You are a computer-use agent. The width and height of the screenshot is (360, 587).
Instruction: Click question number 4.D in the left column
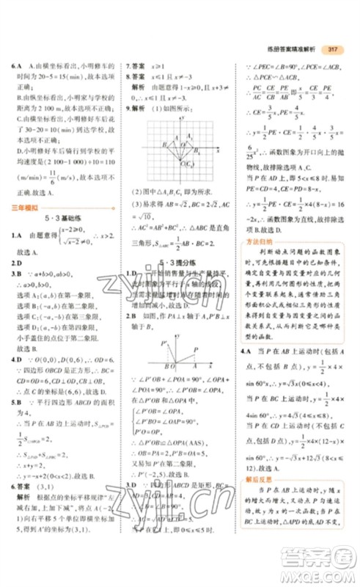pyautogui.click(x=16, y=360)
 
